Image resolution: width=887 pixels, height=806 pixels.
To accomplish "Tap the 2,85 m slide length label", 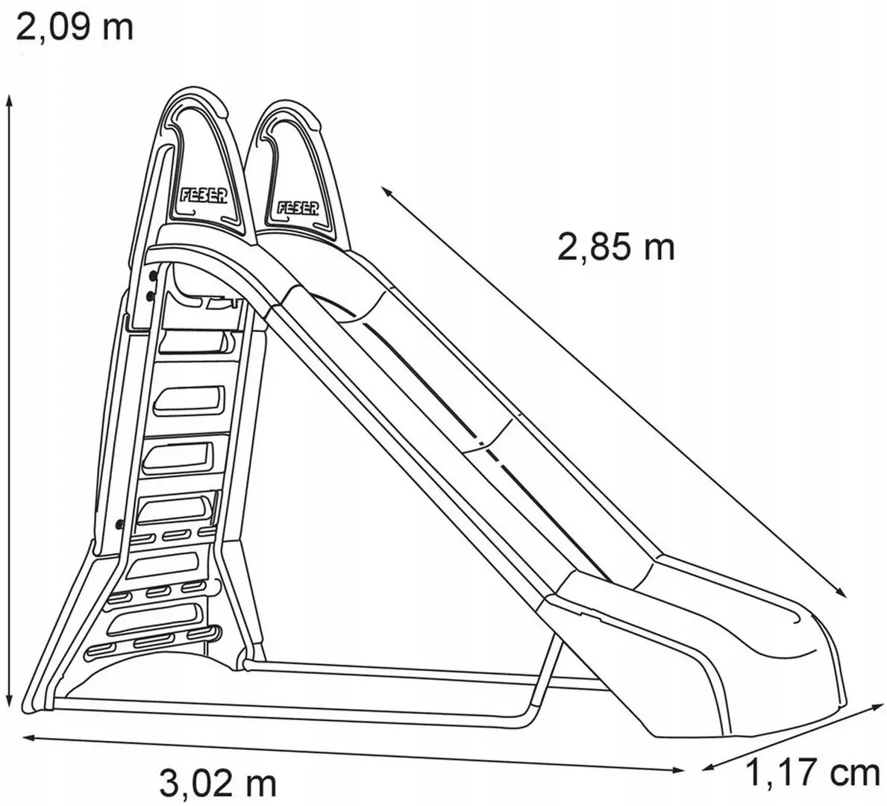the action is pyautogui.click(x=616, y=247).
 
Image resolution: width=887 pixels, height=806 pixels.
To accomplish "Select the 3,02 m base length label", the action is pyautogui.click(x=218, y=784).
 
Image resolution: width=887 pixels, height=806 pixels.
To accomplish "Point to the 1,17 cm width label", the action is pyautogui.click(x=813, y=773).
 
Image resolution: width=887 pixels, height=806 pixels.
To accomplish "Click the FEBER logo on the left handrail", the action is pyautogui.click(x=204, y=196).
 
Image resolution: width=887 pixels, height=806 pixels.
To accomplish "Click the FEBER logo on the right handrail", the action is pyautogui.click(x=298, y=208).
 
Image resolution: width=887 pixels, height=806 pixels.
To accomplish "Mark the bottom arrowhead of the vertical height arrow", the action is pyautogui.click(x=9, y=701).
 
